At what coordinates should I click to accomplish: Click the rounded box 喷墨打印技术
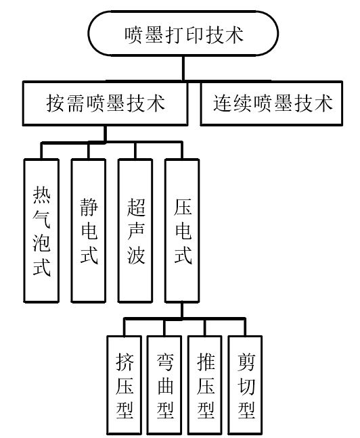tap(183, 34)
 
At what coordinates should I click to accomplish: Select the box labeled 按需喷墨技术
tap(105, 103)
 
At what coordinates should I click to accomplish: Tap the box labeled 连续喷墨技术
tap(271, 103)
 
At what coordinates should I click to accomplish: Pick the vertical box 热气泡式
tap(41, 230)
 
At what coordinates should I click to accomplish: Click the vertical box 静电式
tap(89, 230)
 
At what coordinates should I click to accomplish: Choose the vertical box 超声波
tap(135, 230)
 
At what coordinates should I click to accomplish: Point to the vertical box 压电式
tap(183, 230)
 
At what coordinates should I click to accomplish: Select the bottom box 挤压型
tap(125, 385)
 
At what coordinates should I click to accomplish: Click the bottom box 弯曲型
tap(164, 385)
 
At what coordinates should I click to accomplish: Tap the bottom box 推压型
tap(205, 385)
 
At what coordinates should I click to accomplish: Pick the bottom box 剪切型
tap(246, 385)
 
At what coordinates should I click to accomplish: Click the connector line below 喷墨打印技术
tap(183, 69)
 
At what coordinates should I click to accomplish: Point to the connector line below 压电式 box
tap(182, 310)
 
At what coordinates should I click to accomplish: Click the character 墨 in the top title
tap(154, 35)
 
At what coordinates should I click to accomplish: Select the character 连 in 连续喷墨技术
tap(223, 103)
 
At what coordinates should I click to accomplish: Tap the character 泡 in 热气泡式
tap(41, 243)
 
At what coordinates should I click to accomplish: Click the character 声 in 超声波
tap(136, 231)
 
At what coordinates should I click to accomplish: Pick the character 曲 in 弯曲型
tap(165, 386)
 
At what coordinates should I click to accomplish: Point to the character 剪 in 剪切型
tap(246, 362)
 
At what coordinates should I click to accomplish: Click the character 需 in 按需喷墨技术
tap(75, 103)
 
